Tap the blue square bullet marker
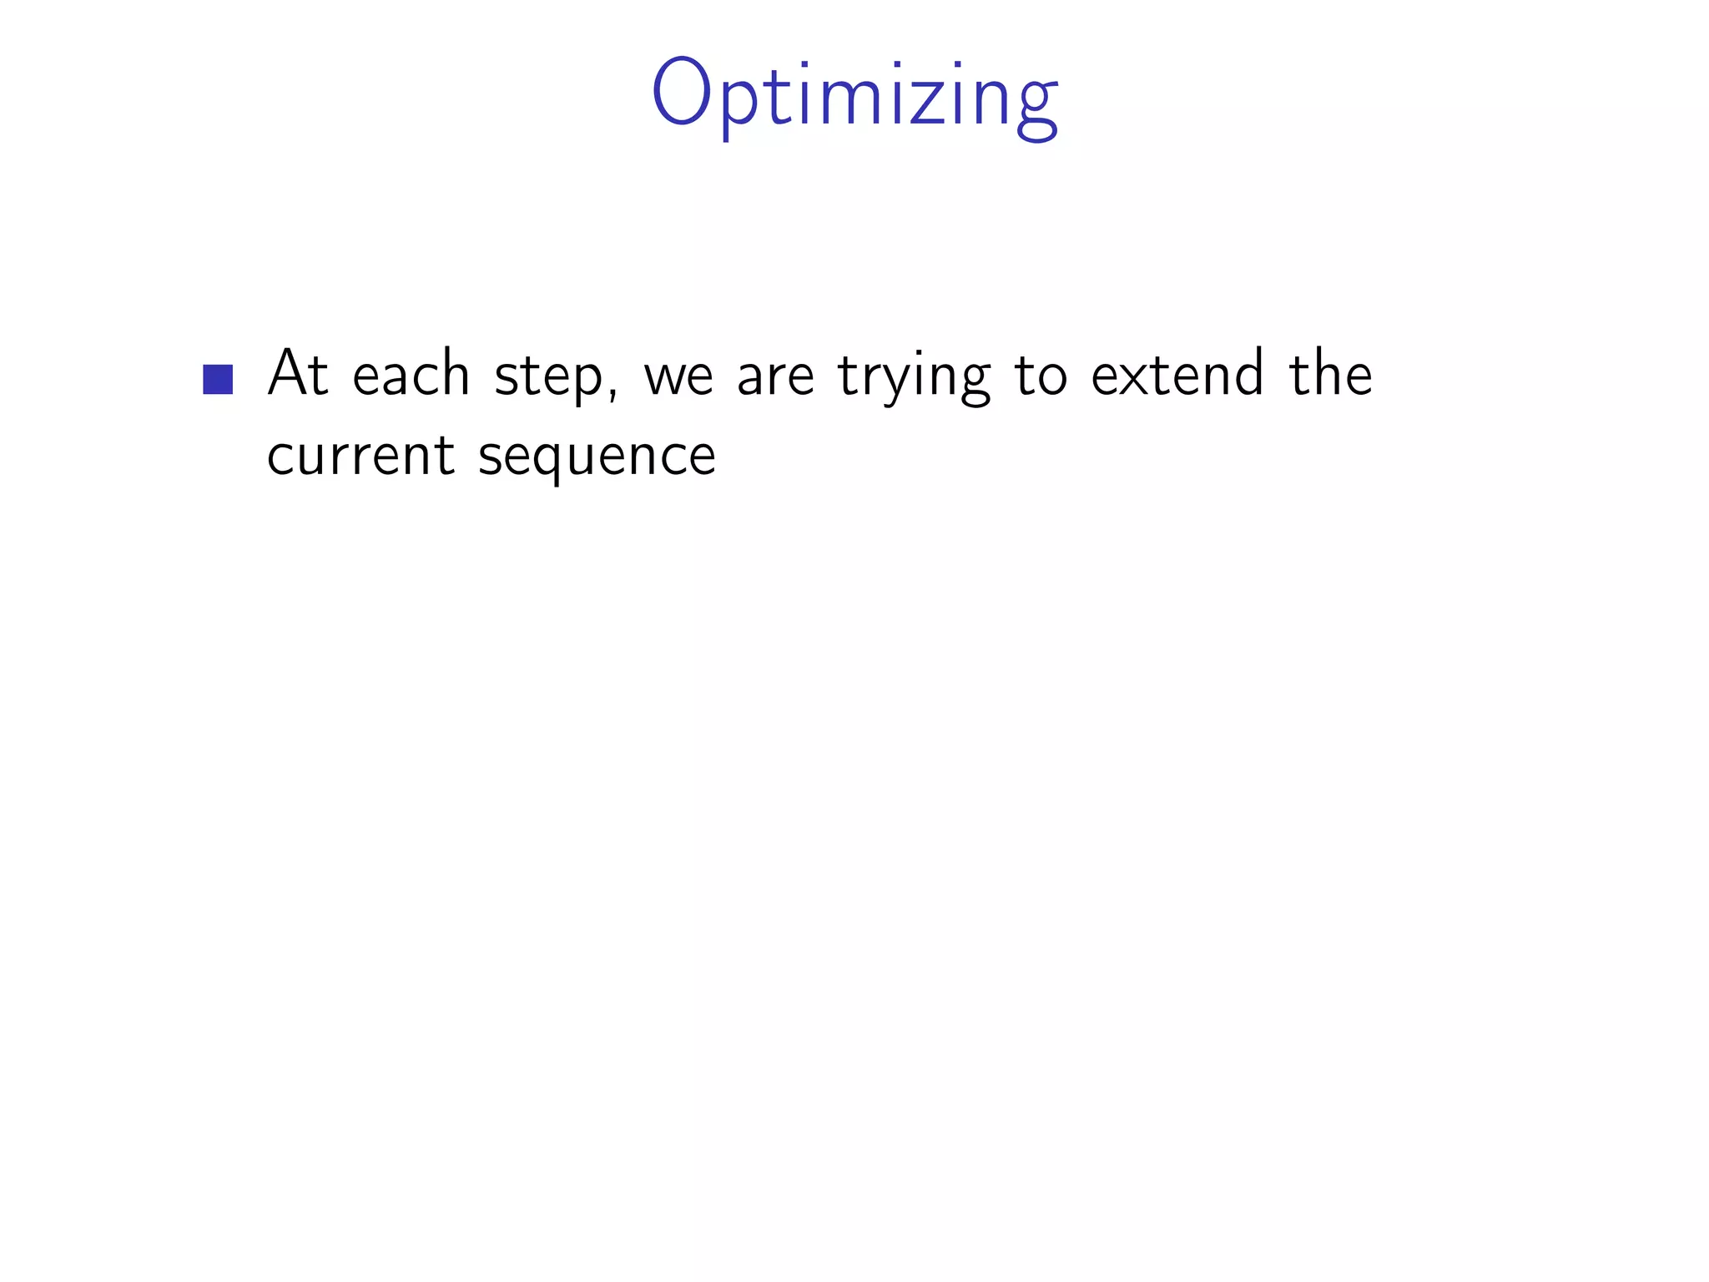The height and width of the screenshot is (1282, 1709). pos(218,379)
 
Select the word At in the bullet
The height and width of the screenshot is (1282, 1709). pos(298,373)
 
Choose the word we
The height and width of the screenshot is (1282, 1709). pos(678,377)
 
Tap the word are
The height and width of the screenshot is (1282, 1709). pos(775,377)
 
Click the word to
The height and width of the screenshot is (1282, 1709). pos(1041,376)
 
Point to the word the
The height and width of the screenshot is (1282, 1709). pos(1330,373)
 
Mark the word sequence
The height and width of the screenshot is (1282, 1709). pos(597,459)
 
